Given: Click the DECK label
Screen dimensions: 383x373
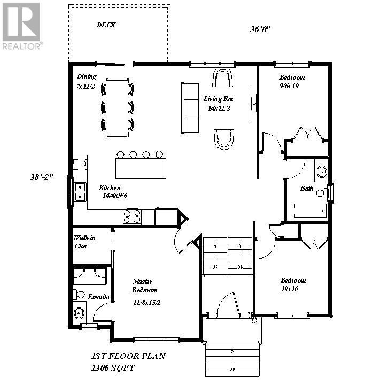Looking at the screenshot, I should [106, 25].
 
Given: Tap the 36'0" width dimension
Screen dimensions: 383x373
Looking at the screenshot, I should [260, 29].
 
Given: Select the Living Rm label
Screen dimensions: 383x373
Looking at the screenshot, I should [218, 99].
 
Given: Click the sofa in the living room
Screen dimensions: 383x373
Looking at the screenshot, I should [190, 108].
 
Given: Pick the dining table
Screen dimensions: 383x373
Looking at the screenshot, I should [117, 106].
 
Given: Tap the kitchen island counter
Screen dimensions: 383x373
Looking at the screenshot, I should [141, 168].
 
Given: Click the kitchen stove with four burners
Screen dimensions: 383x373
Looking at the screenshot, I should [133, 216].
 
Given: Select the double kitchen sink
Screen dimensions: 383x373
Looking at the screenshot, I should [79, 192].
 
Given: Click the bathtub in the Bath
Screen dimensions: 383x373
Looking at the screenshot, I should [310, 211].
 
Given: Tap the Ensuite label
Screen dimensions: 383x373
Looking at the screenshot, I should [99, 296].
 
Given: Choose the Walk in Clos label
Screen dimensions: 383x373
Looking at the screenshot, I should [84, 242].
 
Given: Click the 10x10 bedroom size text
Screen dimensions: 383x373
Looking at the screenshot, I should [289, 288].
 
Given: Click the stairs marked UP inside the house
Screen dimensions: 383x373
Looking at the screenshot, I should [215, 256].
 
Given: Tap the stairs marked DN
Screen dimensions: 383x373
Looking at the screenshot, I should [239, 256].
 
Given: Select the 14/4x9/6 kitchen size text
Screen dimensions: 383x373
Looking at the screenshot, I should [114, 196].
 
